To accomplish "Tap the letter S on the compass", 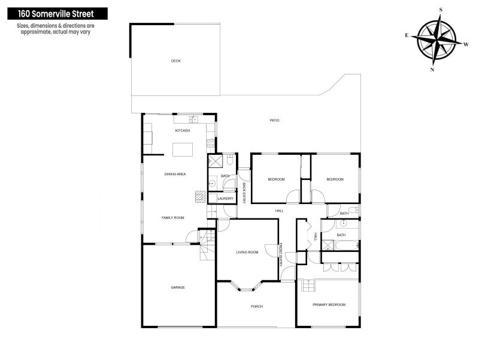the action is [x=441, y=10].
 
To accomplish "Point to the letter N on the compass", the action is [x=432, y=70].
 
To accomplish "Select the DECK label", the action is [x=175, y=61].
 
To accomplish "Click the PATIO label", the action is [x=274, y=121].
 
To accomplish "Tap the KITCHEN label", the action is [x=183, y=131].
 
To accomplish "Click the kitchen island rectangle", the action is [x=183, y=149].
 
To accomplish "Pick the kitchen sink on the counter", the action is [x=193, y=119].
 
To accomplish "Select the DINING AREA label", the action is [x=175, y=174].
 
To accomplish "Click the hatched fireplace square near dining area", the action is [x=201, y=197].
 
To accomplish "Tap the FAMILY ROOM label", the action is [x=172, y=218].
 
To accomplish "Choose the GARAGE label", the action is [x=178, y=287].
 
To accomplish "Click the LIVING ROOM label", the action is [x=247, y=252].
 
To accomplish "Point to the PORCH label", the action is [x=257, y=307].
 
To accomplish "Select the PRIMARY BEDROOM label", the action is [x=329, y=305].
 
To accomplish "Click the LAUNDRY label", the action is [x=226, y=199].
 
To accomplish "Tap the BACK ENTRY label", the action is [x=244, y=193].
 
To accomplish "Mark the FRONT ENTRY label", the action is [x=281, y=254].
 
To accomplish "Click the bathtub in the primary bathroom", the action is [x=347, y=245].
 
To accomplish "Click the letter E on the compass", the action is [x=407, y=35].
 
